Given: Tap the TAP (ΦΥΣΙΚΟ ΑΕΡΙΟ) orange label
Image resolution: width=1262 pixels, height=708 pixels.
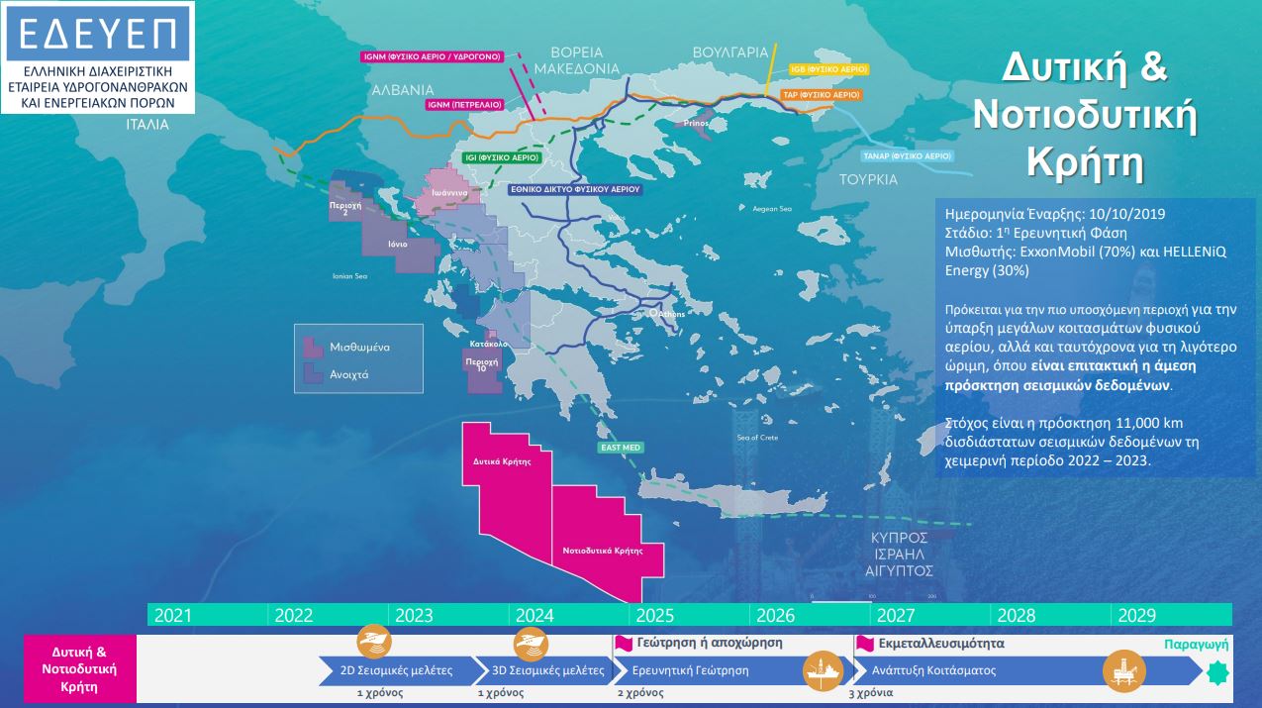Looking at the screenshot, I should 821,95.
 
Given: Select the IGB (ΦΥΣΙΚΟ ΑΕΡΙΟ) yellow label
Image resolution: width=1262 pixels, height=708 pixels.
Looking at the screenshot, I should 828,69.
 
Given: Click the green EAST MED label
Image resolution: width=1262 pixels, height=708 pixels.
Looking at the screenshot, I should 621,448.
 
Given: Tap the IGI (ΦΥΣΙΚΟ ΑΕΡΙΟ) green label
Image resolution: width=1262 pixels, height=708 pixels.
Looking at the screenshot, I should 502,157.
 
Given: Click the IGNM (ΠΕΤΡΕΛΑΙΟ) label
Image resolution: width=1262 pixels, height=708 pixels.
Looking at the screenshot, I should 464,103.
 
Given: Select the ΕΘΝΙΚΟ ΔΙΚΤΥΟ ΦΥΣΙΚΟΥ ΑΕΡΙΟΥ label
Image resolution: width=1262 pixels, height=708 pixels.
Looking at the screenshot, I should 574,187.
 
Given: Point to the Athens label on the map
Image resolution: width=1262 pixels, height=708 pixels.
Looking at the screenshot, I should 674,315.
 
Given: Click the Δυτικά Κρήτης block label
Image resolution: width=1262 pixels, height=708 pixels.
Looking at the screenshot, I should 503,461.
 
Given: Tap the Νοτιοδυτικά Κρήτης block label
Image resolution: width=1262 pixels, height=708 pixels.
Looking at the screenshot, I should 603,551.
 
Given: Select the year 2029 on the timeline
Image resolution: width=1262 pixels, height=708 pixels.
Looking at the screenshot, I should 1136,615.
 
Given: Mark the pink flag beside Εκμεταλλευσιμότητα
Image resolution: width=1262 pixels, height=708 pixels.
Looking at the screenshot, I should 864,643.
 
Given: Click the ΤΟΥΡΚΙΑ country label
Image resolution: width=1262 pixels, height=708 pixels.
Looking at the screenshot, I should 868,180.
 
